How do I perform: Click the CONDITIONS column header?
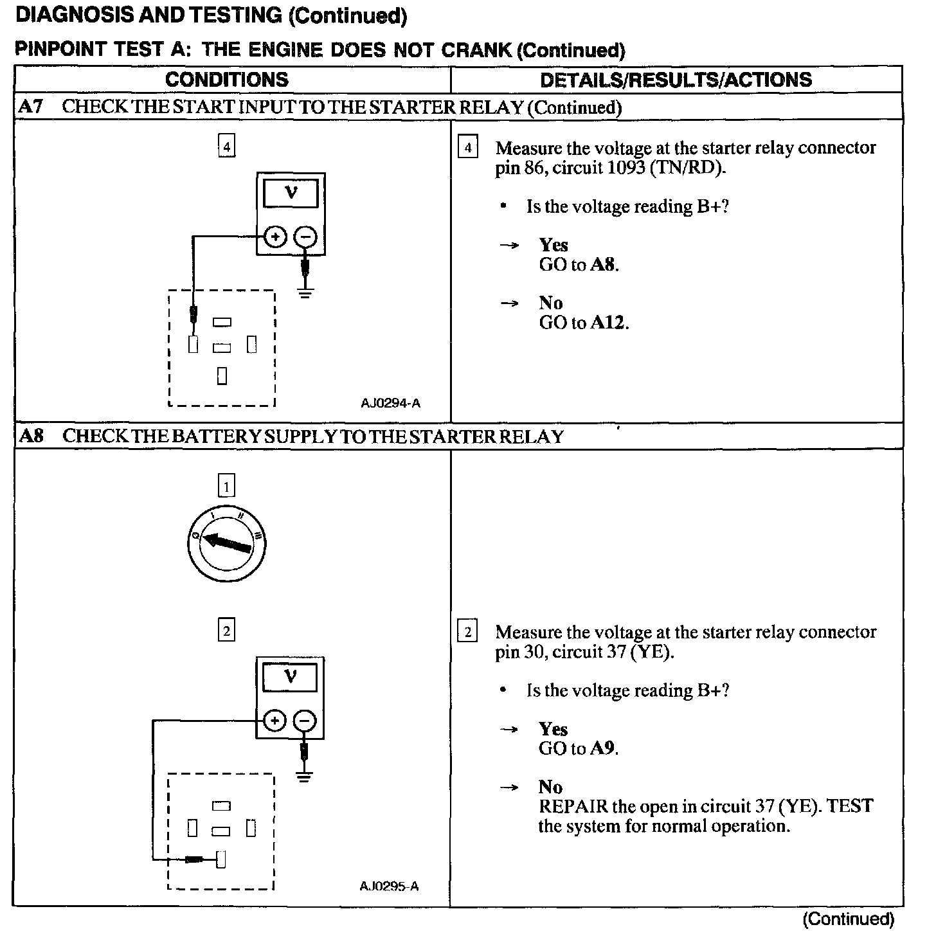pyautogui.click(x=226, y=80)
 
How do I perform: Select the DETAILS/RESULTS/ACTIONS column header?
pyautogui.click(x=676, y=80)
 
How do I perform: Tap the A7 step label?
pyautogui.click(x=30, y=107)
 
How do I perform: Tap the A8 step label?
pyautogui.click(x=31, y=436)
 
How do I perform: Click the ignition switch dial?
pyautogui.click(x=225, y=544)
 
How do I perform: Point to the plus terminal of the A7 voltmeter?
pyautogui.click(x=275, y=237)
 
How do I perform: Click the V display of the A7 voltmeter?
pyautogui.click(x=291, y=192)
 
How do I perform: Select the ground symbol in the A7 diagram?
pyautogui.click(x=306, y=294)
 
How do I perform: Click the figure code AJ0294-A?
pyautogui.click(x=390, y=403)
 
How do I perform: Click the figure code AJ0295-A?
pyautogui.click(x=389, y=886)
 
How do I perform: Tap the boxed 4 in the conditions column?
pyautogui.click(x=226, y=147)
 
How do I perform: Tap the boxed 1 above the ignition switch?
pyautogui.click(x=226, y=486)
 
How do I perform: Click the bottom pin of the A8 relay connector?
pyautogui.click(x=221, y=859)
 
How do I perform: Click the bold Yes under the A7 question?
pyautogui.click(x=553, y=245)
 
